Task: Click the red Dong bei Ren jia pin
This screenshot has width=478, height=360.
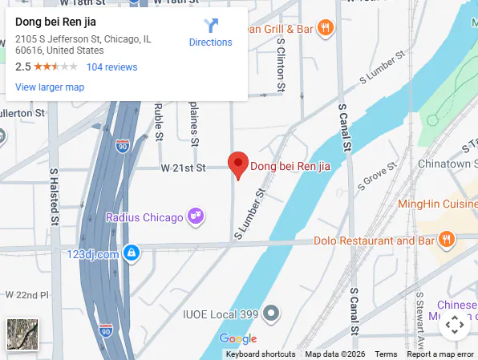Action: (x=237, y=164)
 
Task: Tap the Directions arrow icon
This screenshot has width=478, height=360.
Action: (x=210, y=26)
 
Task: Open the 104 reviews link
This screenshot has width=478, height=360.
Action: (x=111, y=67)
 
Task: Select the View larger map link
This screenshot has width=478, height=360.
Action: (x=50, y=87)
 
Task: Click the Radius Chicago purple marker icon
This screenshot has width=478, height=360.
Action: (x=195, y=216)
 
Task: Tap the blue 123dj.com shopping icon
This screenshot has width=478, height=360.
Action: (x=133, y=254)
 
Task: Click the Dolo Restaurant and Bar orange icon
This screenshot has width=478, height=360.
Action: (x=446, y=240)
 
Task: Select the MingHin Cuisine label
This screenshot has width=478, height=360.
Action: (x=437, y=204)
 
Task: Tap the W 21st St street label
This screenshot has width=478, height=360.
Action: (x=183, y=168)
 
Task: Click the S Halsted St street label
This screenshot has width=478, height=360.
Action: (x=55, y=196)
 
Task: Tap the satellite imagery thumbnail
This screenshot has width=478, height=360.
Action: (x=22, y=334)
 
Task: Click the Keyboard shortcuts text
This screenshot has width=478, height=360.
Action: (x=260, y=354)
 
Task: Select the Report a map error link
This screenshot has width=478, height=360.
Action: (x=440, y=354)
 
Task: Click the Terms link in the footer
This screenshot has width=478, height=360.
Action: (x=386, y=354)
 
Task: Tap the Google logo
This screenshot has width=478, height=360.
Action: (x=237, y=339)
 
